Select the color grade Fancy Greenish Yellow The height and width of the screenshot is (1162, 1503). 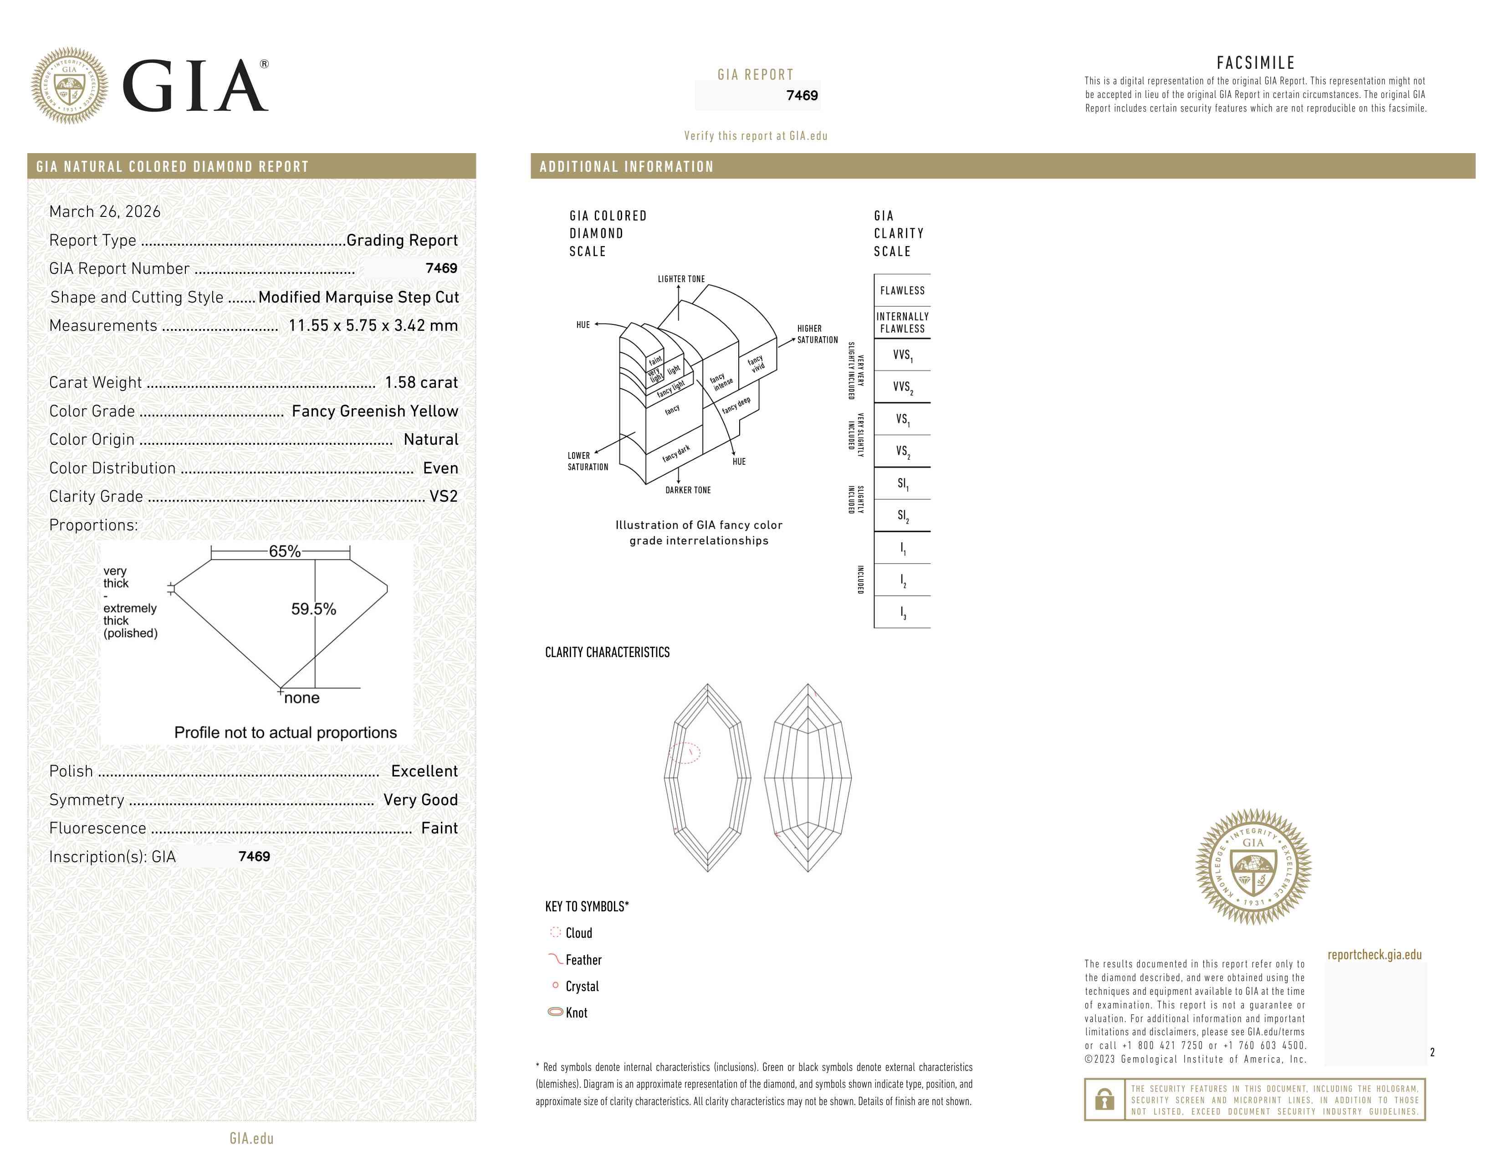coord(375,411)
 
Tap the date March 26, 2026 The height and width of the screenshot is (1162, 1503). coord(105,211)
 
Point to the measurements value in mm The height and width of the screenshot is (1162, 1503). coord(373,326)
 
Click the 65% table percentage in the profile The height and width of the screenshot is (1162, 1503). coord(285,551)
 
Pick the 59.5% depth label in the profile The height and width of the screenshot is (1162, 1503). coord(314,609)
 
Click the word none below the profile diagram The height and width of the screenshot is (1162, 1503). coord(302,698)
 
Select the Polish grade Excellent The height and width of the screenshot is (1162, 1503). coord(424,771)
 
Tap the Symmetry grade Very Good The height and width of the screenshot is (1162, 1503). coord(420,800)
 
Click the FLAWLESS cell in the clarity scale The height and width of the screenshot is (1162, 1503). coord(902,291)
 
